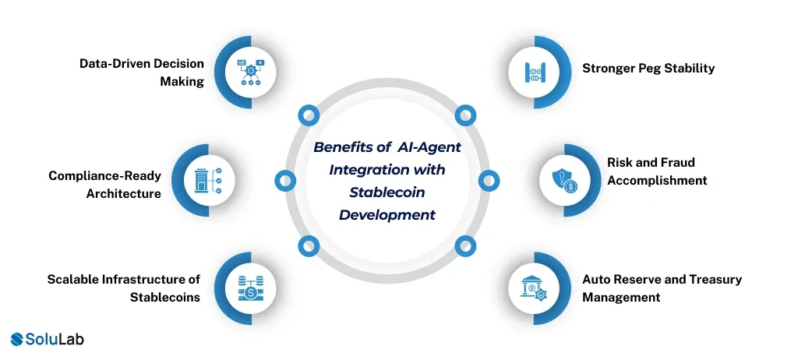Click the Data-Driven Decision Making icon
pyautogui.click(x=250, y=72)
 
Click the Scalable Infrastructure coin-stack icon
pyautogui.click(x=250, y=289)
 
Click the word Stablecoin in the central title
pyautogui.click(x=387, y=191)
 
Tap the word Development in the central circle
pyautogui.click(x=387, y=214)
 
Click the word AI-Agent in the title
pyautogui.click(x=433, y=147)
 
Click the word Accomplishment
pyautogui.click(x=657, y=181)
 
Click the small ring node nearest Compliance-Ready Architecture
pyautogui.click(x=285, y=181)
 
